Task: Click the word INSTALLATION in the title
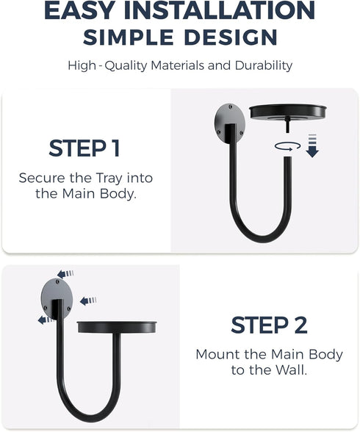tap(220, 10)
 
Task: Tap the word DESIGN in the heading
tap(231, 37)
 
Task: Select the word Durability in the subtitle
tap(264, 66)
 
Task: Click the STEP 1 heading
tap(84, 148)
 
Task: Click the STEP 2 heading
tap(269, 325)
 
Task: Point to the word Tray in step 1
tap(109, 179)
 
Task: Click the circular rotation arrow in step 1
tap(287, 146)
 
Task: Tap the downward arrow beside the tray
tap(312, 145)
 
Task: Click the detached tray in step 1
tap(288, 112)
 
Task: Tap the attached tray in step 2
tap(117, 327)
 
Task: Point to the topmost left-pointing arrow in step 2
tap(65, 274)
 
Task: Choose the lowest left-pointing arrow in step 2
tap(46, 320)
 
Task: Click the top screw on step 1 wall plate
tap(231, 106)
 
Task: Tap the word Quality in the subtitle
tap(126, 66)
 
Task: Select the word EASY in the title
tap(79, 10)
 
